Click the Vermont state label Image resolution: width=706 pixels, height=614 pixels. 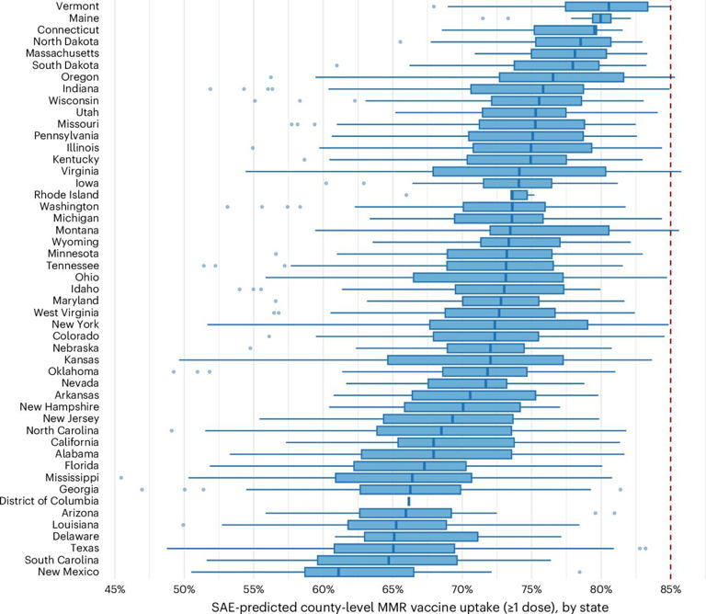click(76, 6)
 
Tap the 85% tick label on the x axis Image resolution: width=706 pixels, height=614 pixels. click(670, 588)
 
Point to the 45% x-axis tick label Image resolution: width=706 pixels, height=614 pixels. click(114, 588)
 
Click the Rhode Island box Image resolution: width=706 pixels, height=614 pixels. click(518, 195)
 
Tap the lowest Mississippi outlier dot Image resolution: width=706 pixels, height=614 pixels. click(121, 478)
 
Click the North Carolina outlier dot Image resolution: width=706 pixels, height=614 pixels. click(172, 430)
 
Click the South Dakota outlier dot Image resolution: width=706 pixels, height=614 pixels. click(337, 65)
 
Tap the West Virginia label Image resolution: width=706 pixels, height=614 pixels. click(66, 313)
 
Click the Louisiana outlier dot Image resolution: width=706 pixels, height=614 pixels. click(184, 525)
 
